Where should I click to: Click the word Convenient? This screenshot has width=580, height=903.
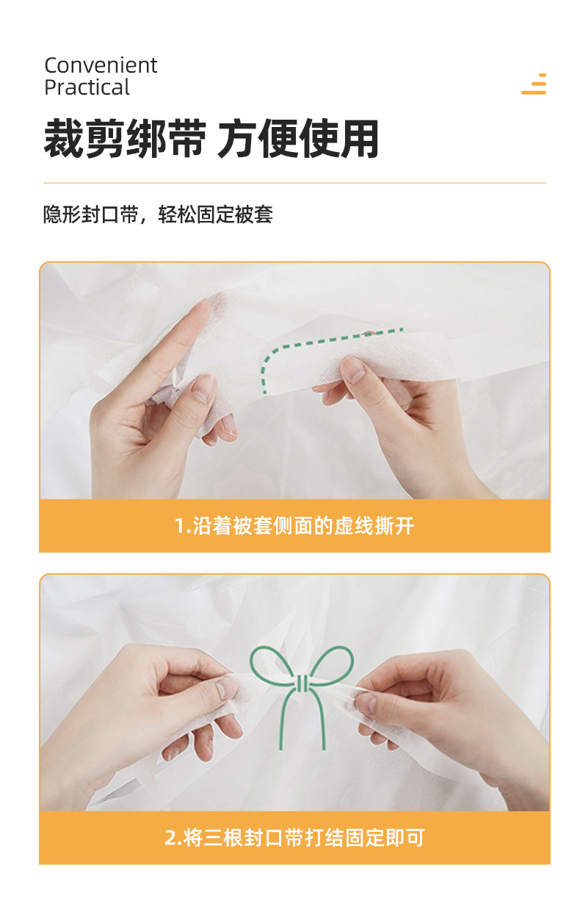[101, 65]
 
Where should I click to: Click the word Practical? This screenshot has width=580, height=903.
[87, 87]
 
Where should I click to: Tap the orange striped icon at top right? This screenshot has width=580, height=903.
[534, 84]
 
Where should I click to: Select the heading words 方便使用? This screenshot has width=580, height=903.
[298, 139]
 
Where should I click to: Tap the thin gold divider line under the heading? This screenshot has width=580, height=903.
[294, 183]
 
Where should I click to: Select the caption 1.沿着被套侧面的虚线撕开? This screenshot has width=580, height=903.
[294, 526]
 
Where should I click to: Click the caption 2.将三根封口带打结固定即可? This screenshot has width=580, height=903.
[294, 838]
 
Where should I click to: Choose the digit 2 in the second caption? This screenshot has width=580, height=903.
[170, 838]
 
